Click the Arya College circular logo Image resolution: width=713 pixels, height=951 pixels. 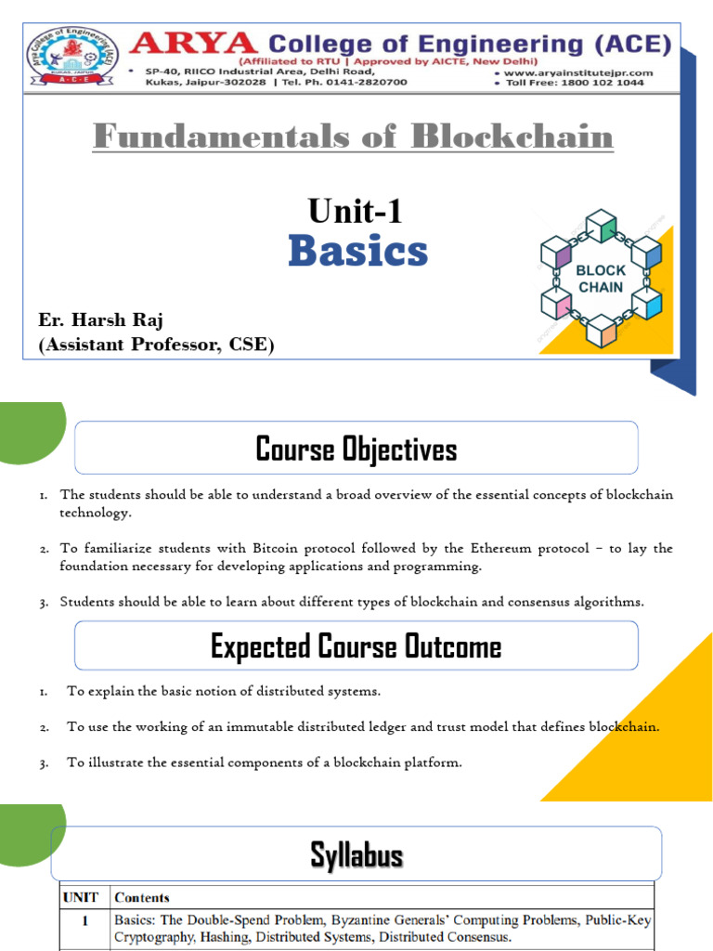point(65,56)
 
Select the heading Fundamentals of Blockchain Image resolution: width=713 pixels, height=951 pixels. point(353,137)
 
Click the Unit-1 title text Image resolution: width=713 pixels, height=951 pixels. point(357,212)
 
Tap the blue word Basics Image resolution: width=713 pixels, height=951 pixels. point(357,251)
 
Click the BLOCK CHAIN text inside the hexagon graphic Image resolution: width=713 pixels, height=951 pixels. point(601,279)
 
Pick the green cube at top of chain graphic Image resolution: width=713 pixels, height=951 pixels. point(602,228)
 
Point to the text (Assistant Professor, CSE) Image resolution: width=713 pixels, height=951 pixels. point(156,345)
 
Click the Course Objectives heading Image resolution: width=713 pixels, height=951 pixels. point(356,449)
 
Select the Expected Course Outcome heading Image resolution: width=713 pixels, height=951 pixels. point(356,646)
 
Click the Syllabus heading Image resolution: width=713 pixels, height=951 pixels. point(356,855)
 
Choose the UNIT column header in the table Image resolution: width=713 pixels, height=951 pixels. point(81,898)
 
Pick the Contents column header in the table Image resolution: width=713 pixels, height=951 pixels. point(142,898)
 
